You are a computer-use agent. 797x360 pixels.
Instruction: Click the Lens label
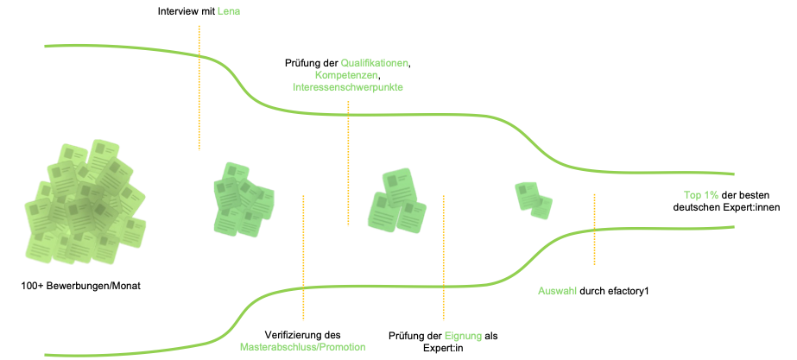pyautogui.click(x=228, y=11)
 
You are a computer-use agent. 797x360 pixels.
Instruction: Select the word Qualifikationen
pyautogui.click(x=374, y=63)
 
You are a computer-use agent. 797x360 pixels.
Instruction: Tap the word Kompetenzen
pyautogui.click(x=346, y=75)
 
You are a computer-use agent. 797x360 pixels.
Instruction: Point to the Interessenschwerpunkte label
pyautogui.click(x=347, y=87)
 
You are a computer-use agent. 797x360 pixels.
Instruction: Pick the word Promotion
pyautogui.click(x=341, y=347)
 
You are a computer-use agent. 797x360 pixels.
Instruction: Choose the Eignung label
pyautogui.click(x=463, y=336)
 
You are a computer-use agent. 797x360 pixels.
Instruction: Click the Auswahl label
pyautogui.click(x=557, y=291)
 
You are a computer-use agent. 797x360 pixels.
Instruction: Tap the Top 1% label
pyautogui.click(x=701, y=196)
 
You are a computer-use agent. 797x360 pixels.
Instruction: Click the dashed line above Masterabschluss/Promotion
pyautogui.click(x=304, y=259)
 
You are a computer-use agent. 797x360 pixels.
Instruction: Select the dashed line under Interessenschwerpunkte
pyautogui.click(x=348, y=164)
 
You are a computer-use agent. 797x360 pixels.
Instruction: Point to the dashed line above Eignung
pyautogui.click(x=443, y=259)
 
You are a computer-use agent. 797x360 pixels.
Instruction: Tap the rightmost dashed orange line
pyautogui.click(x=594, y=229)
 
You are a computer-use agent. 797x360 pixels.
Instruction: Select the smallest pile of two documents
pyautogui.click(x=533, y=200)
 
